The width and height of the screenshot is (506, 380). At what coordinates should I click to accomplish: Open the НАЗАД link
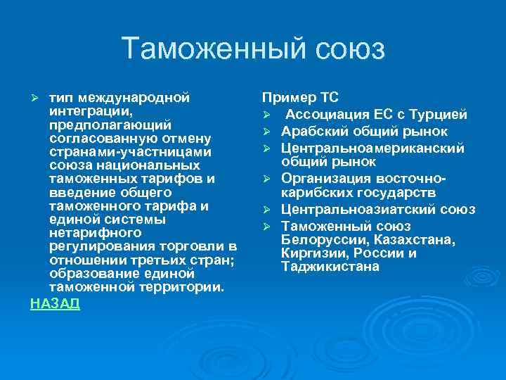click(55, 304)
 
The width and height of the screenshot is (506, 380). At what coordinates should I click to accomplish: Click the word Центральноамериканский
click(372, 148)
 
